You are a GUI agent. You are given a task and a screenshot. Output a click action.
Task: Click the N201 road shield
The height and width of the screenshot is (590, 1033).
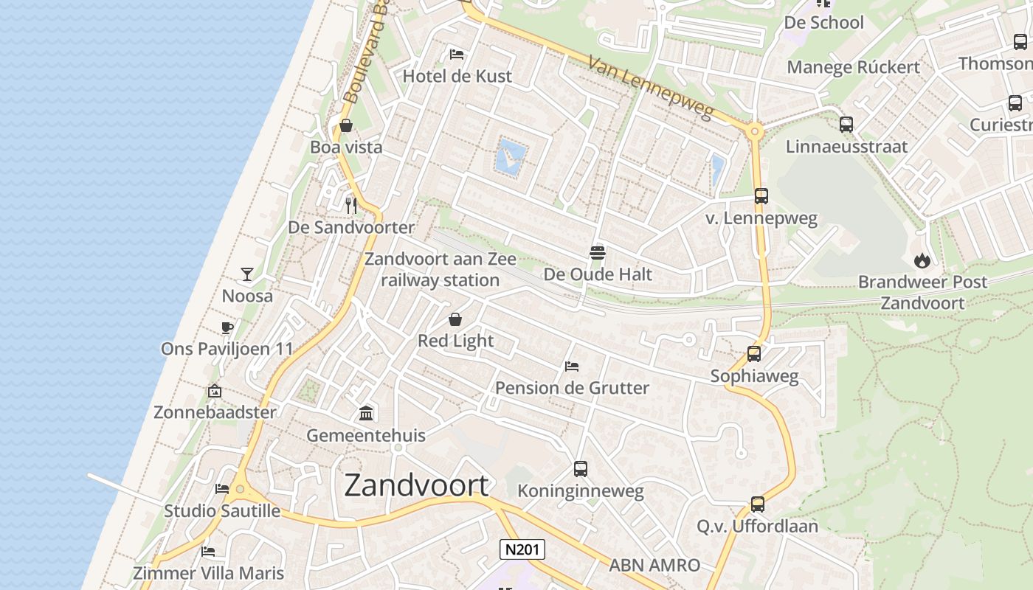pyautogui.click(x=522, y=549)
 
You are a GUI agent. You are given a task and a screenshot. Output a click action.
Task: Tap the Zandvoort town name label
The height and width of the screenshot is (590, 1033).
pyautogui.click(x=416, y=485)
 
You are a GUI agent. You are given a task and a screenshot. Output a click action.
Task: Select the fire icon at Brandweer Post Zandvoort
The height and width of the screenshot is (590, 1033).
pyautogui.click(x=922, y=260)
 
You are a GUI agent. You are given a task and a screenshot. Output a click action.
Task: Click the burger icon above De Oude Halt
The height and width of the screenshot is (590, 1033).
pyautogui.click(x=598, y=253)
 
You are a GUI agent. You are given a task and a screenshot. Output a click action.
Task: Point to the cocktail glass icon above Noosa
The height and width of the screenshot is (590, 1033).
pyautogui.click(x=247, y=274)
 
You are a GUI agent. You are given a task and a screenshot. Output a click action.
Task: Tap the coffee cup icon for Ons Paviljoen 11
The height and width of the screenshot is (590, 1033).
pyautogui.click(x=227, y=327)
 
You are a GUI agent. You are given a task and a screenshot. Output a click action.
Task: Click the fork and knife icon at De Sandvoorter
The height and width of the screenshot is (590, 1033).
pyautogui.click(x=351, y=205)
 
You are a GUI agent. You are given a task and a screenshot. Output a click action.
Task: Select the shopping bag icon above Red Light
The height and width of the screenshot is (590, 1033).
pyautogui.click(x=455, y=319)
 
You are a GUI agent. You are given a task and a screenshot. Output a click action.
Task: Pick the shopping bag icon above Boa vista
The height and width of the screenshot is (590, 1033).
pyautogui.click(x=345, y=125)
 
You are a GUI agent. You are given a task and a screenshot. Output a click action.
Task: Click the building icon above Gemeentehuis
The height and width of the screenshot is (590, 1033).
pyautogui.click(x=366, y=413)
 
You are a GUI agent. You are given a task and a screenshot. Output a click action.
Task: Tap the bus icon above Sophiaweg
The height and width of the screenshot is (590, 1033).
pyautogui.click(x=754, y=354)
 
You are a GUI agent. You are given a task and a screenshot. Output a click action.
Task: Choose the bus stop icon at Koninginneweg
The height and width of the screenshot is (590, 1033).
pyautogui.click(x=581, y=469)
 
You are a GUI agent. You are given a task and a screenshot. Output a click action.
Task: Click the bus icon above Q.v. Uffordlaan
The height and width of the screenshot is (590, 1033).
pyautogui.click(x=758, y=504)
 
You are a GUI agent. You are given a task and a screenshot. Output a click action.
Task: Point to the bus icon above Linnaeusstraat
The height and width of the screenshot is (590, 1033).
pyautogui.click(x=846, y=125)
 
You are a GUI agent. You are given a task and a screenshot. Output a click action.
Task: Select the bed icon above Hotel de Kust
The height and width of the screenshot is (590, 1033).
pyautogui.click(x=457, y=55)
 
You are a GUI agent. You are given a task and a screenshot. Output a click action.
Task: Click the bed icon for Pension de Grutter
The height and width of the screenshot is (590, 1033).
pyautogui.click(x=572, y=366)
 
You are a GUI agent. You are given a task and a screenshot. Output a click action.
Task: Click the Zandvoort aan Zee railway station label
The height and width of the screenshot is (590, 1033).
pyautogui.click(x=441, y=269)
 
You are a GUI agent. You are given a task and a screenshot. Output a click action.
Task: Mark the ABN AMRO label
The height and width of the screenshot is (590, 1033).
pyautogui.click(x=654, y=566)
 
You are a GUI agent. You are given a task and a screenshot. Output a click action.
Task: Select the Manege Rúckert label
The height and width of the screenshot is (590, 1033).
pyautogui.click(x=854, y=67)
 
